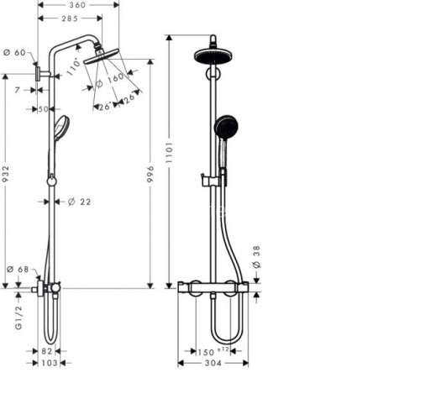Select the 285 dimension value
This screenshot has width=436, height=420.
coord(70,19)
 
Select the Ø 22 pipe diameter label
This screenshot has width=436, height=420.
coord(80,202)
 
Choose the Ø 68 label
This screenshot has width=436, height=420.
coord(18,270)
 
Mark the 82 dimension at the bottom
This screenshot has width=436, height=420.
coord(49,350)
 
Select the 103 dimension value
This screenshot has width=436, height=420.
coord(50,363)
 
